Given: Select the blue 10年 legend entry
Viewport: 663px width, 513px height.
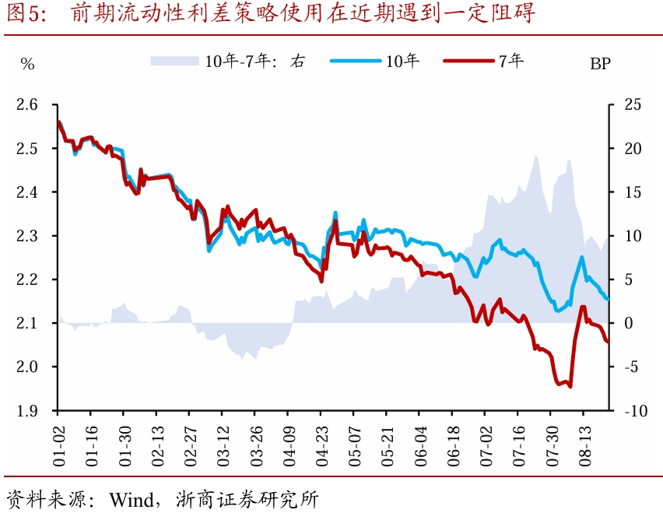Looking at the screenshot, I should (x=374, y=61).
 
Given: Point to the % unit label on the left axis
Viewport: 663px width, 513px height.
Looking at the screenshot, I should (x=28, y=65).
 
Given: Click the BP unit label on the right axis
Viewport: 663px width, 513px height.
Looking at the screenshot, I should (x=600, y=65).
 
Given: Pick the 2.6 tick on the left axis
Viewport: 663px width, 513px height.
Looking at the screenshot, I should (x=26, y=104).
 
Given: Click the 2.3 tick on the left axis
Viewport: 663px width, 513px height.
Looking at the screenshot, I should (x=26, y=235).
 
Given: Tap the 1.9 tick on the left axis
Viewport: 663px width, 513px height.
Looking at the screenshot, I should (x=26, y=410).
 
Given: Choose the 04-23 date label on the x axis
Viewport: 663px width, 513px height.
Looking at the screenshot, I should (x=321, y=446).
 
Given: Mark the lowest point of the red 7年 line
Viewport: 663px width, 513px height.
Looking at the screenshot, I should (x=570, y=386).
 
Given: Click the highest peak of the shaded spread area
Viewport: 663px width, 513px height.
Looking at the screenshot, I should (x=536, y=156).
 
